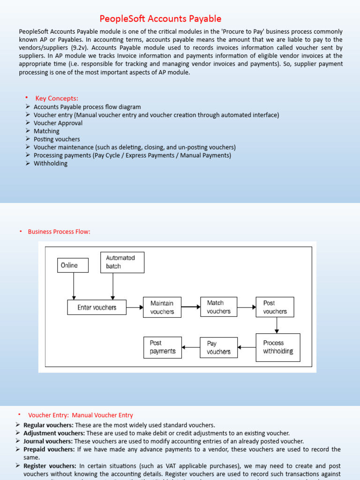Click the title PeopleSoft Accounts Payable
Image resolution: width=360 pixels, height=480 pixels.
pos(160,19)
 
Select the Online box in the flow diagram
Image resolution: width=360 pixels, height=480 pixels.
pos(74,265)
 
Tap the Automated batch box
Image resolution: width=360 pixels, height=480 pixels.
pos(122,262)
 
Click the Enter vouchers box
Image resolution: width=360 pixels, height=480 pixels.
pos(97,308)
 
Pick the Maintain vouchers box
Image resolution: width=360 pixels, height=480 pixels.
pos(162,307)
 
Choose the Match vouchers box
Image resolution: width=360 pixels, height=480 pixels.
pos(219,307)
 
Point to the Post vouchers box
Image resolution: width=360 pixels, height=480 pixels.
pos(275,307)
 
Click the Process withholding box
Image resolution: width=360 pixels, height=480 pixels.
pos(278,347)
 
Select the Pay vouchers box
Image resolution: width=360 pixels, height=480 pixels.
pos(218,347)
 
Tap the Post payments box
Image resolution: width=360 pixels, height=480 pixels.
pos(162,347)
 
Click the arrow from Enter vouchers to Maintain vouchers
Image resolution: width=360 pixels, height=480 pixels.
pos(135,307)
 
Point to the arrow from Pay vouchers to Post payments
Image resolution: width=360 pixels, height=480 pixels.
pos(190,347)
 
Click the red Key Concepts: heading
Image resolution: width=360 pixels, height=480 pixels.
pos(57,98)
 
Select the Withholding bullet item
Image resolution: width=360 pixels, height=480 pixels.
pos(51,164)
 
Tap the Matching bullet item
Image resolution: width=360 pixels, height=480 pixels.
pos(46,131)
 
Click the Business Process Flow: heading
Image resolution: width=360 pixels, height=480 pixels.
pos(59,232)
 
